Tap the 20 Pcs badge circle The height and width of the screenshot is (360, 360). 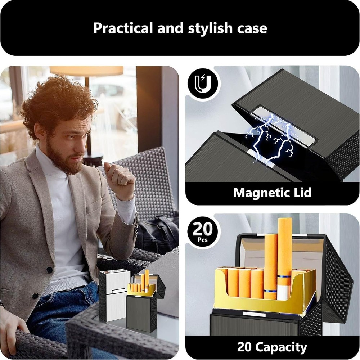click(x=202, y=232)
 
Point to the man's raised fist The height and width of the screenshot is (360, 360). click(x=117, y=176)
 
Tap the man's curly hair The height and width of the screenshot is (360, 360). click(x=58, y=104)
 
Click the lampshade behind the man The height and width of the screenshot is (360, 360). click(x=86, y=71)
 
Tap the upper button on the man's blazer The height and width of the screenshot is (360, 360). click(x=49, y=270)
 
